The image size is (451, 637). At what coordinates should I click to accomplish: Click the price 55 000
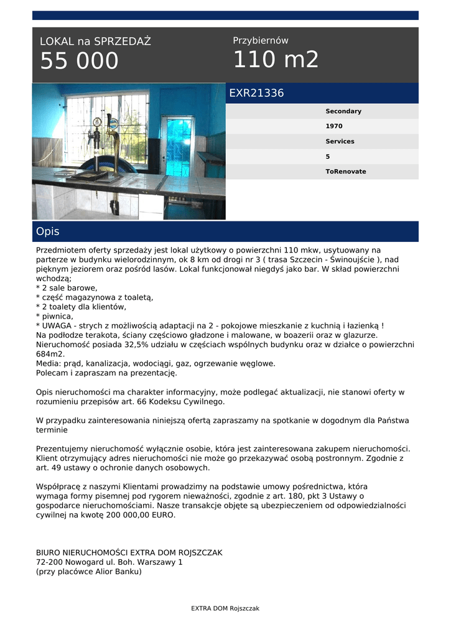[79, 62]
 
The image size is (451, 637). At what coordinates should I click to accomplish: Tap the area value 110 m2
[276, 60]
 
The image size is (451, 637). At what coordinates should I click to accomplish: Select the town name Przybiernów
[261, 40]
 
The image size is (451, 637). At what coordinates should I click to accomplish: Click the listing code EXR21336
[256, 93]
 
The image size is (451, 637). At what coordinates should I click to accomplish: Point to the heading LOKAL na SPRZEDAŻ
[95, 42]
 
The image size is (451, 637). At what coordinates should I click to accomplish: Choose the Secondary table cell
[343, 111]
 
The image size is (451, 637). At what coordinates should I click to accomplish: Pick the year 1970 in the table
[334, 126]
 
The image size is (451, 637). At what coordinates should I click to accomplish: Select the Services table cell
[340, 141]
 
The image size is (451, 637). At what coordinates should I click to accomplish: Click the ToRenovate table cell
[346, 172]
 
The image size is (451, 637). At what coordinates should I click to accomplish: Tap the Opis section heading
[48, 231]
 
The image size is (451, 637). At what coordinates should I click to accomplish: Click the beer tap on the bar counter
[112, 143]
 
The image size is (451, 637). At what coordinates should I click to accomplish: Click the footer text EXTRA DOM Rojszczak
[225, 608]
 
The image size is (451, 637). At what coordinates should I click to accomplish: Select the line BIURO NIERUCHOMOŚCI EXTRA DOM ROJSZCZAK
[129, 552]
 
